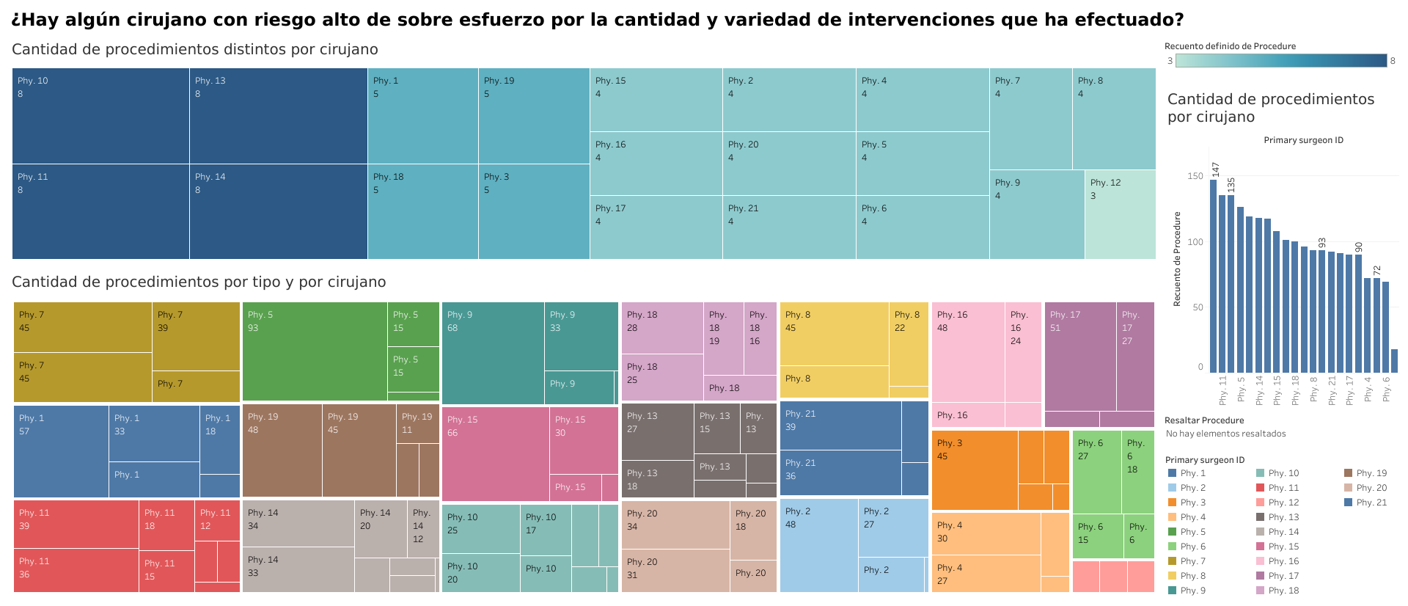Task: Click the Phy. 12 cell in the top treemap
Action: click(1120, 214)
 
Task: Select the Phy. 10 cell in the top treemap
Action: click(100, 116)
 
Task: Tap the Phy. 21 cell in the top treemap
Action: click(789, 227)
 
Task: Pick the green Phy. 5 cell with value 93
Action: click(315, 351)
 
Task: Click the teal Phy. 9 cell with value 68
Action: click(493, 353)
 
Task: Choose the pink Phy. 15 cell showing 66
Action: click(496, 453)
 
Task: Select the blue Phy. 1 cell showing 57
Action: click(61, 451)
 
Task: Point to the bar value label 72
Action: click(1377, 271)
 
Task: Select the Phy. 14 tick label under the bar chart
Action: click(1260, 390)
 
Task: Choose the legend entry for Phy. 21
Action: click(1371, 503)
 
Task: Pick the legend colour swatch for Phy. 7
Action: click(1172, 561)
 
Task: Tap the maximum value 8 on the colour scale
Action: click(1393, 61)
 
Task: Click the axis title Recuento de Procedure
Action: click(1177, 259)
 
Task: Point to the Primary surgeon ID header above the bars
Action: click(1303, 140)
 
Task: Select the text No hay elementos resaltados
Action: click(1225, 434)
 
